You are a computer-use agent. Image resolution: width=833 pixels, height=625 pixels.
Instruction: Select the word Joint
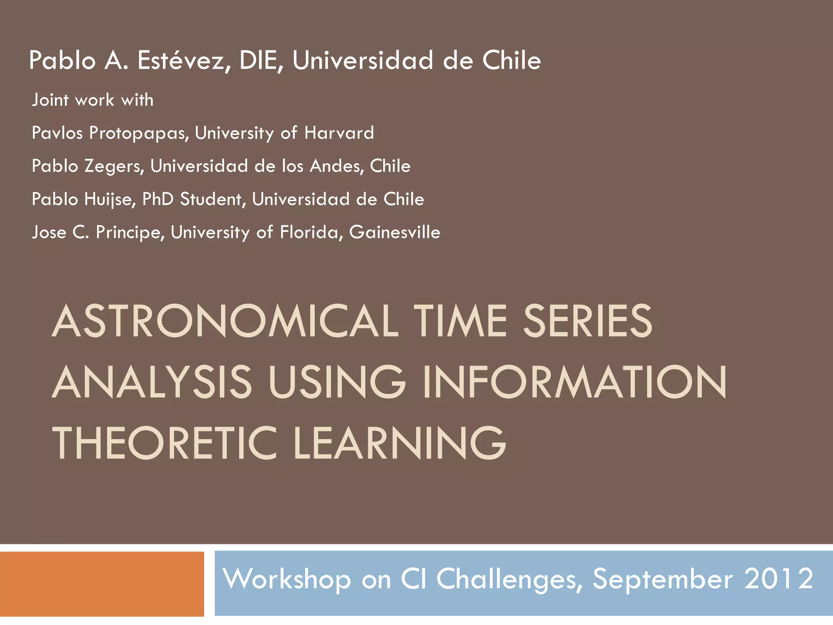(50, 100)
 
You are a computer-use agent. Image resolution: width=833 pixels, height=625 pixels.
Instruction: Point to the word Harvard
(339, 133)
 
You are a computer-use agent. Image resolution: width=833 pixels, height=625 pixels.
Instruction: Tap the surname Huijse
(110, 200)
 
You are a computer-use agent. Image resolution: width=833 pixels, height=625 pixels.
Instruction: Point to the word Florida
(311, 232)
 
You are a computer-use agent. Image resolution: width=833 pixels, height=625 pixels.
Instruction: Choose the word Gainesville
(395, 232)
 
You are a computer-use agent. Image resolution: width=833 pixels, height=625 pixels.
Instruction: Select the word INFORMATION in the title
(574, 382)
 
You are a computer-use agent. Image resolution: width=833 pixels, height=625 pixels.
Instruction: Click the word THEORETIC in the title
(165, 444)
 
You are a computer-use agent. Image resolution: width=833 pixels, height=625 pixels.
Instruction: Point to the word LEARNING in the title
(399, 444)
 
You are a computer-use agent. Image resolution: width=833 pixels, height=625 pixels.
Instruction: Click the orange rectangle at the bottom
(102, 584)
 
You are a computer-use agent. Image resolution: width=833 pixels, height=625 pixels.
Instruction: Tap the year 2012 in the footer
(778, 579)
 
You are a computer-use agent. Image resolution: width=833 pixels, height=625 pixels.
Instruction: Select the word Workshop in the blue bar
(287, 579)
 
